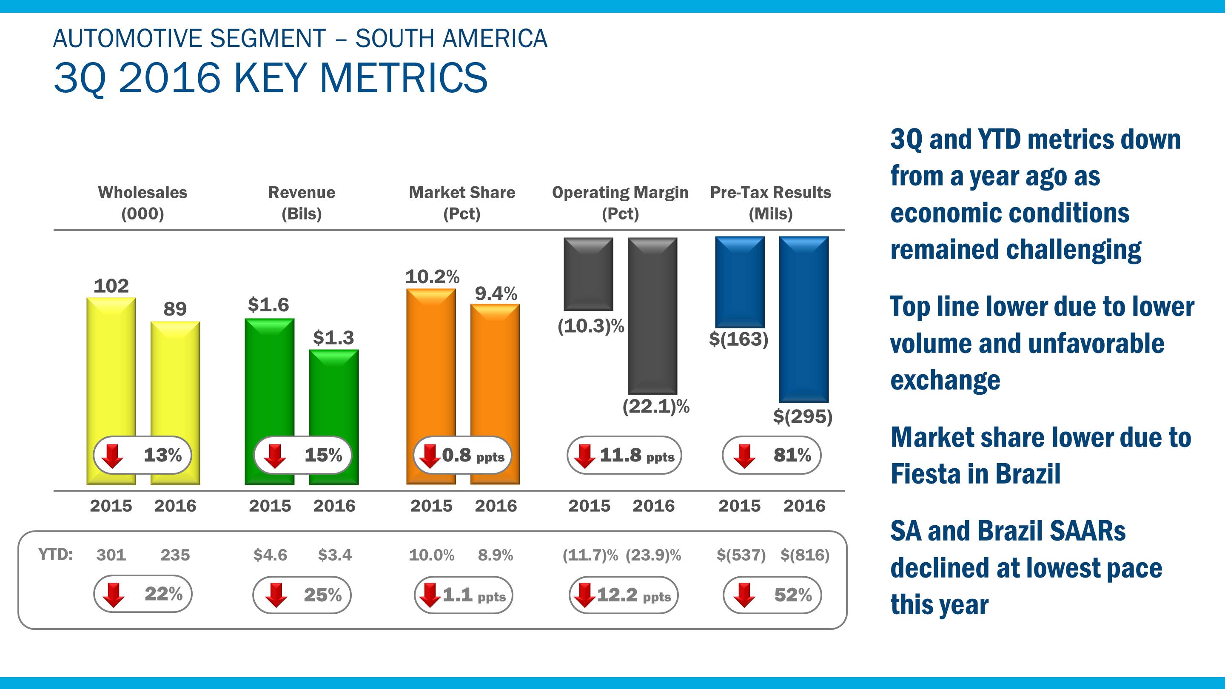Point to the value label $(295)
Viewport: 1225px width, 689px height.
(x=802, y=416)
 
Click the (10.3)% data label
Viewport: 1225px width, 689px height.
(x=590, y=326)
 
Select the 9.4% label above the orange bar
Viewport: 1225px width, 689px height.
(x=496, y=293)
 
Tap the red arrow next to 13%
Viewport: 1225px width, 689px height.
(x=113, y=456)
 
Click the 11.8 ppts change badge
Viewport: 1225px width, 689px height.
(x=624, y=456)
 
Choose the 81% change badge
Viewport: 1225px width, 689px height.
(x=771, y=456)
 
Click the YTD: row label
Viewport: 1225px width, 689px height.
(x=55, y=555)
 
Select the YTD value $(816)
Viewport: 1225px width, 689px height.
(x=805, y=555)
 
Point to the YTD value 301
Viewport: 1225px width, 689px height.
(x=111, y=555)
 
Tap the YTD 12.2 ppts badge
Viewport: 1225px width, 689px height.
(x=624, y=595)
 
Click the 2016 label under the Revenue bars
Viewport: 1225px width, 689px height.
(x=334, y=505)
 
